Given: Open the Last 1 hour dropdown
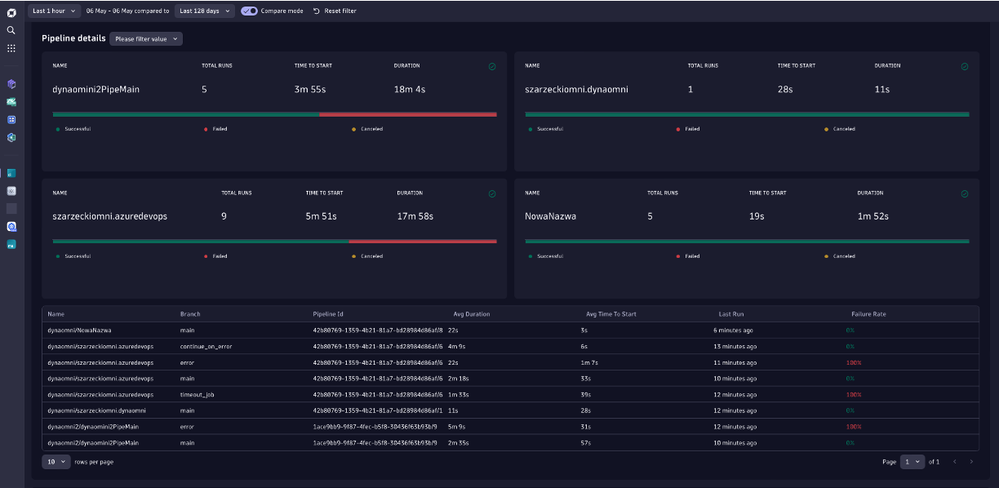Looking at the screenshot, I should [55, 11].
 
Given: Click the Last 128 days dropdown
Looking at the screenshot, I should [204, 11].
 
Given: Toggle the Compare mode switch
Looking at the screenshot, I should [249, 11].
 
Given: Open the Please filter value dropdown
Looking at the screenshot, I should [146, 38].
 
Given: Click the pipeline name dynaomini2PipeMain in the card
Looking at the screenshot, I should [95, 89].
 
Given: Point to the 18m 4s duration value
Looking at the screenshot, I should [410, 89].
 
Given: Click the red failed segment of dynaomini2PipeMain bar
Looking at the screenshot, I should [407, 114].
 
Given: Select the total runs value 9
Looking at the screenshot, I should [224, 216].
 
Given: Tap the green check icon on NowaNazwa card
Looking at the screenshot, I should [965, 194].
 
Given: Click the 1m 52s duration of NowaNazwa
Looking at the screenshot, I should [872, 216].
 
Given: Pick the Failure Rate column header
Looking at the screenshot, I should [868, 313].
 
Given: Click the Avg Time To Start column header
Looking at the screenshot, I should [610, 313].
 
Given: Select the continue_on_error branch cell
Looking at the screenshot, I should [206, 346].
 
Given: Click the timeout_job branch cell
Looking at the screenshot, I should [197, 394].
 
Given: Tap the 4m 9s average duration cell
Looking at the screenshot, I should [456, 346].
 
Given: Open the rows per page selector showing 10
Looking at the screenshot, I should [56, 462].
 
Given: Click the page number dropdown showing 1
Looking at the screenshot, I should [912, 462].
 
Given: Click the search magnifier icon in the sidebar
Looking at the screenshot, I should [11, 30].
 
